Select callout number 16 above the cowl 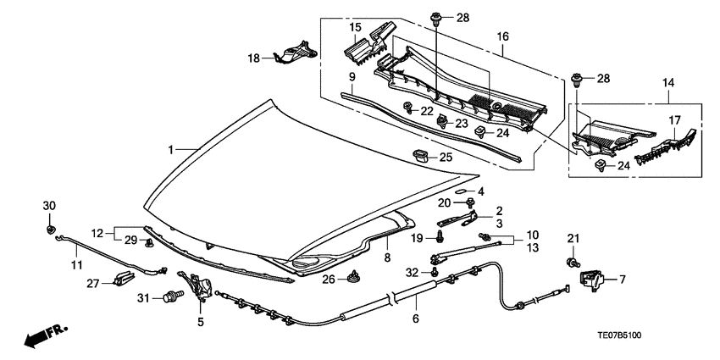point(502,37)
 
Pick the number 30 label point(48,206)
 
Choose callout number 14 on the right point(669,84)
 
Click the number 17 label point(674,119)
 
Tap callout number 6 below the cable point(415,319)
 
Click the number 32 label point(411,272)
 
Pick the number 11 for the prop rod point(76,265)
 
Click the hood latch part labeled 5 point(198,288)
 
